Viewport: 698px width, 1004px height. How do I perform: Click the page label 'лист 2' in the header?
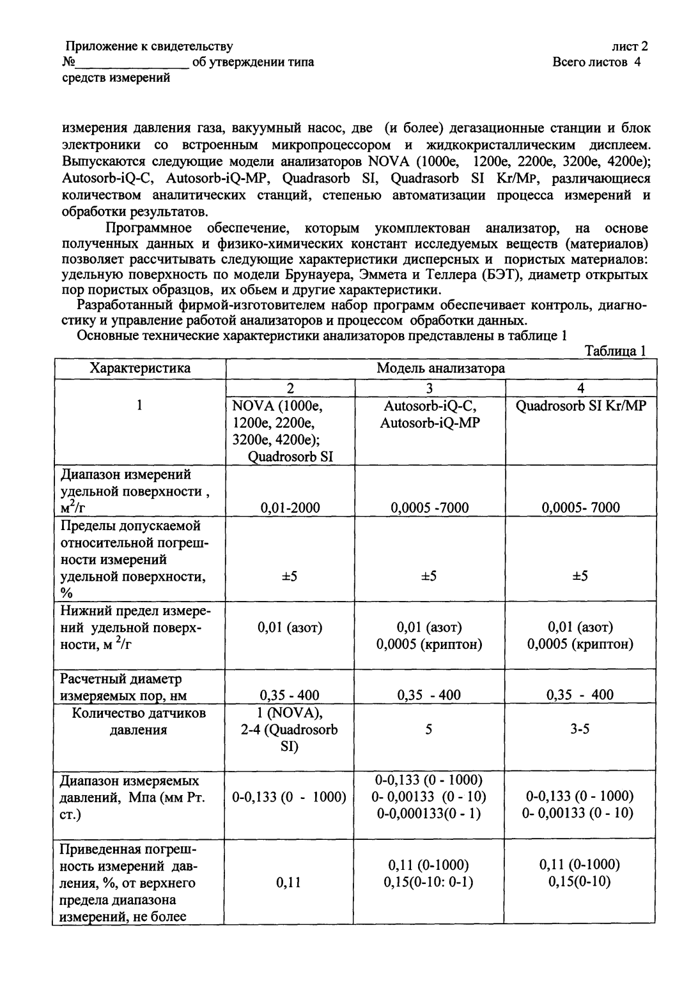pyautogui.click(x=630, y=46)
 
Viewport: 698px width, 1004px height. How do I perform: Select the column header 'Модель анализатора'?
pyautogui.click(x=440, y=369)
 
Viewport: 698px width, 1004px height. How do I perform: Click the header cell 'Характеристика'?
pyautogui.click(x=140, y=369)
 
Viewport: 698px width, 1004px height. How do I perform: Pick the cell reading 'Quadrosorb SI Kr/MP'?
pyautogui.click(x=580, y=406)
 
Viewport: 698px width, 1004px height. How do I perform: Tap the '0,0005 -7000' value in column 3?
pyautogui.click(x=429, y=508)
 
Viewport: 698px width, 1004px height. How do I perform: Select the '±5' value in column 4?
pyautogui.click(x=580, y=576)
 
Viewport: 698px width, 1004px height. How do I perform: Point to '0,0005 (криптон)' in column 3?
pyautogui.click(x=429, y=644)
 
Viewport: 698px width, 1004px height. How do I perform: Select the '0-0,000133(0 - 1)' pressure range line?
pyautogui.click(x=429, y=814)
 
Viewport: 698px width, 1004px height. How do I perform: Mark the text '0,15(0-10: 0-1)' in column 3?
pyautogui.click(x=429, y=882)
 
